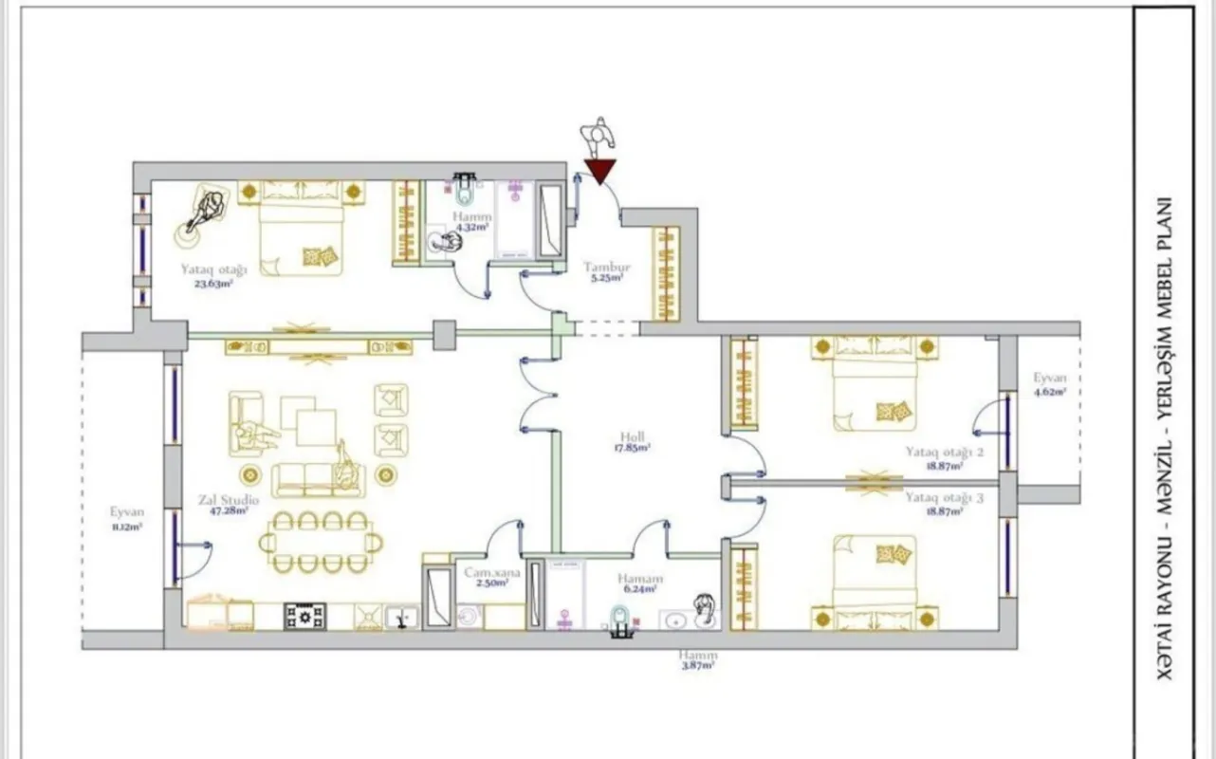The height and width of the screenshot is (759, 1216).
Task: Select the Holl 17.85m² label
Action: (634, 442)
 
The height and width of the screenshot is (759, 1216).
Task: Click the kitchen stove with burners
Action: (305, 617)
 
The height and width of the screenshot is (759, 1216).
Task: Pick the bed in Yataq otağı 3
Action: (875, 581)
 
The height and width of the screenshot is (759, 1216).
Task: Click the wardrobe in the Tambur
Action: (666, 273)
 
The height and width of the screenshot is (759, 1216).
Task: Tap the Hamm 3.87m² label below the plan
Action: (698, 660)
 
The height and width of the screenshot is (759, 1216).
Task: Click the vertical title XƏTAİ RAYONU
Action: (1165, 588)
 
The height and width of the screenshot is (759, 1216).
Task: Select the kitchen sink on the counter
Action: (401, 618)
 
